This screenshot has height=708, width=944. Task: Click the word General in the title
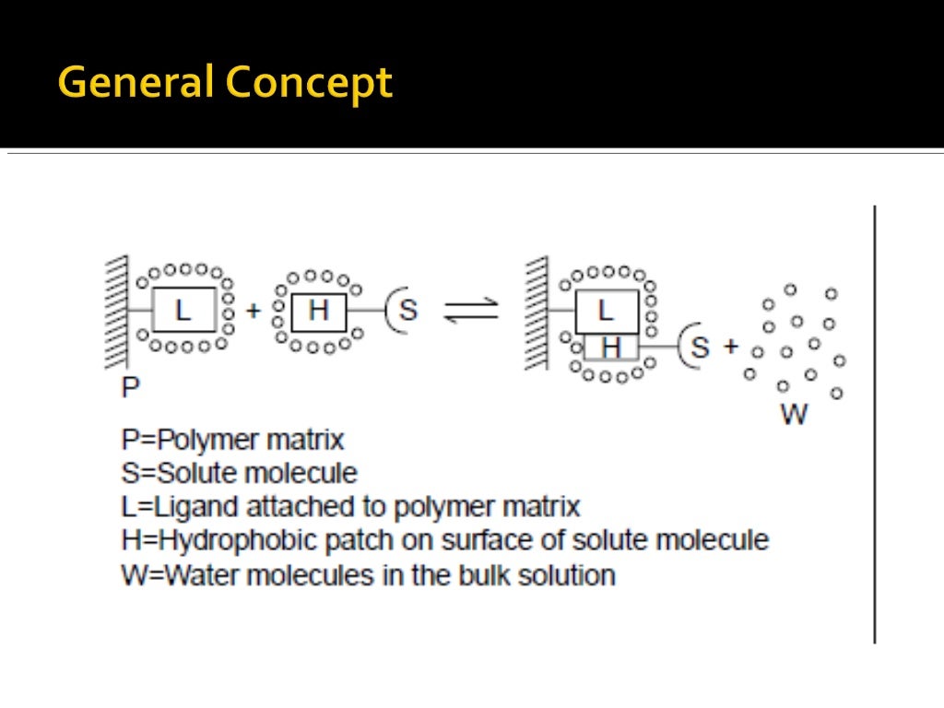point(135,83)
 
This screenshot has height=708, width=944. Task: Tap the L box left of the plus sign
point(183,310)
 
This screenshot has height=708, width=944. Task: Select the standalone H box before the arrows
point(318,311)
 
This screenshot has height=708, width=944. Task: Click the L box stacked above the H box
point(606,311)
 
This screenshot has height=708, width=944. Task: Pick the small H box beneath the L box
point(610,347)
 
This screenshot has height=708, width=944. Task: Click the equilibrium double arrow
point(470,310)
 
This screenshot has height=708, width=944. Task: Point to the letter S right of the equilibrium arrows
point(700,348)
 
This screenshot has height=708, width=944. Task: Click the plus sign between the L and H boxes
point(254,311)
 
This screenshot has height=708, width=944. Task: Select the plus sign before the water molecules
point(730,348)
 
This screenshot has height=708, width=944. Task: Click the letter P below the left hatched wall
point(131,386)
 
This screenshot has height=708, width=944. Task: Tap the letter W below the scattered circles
point(794,414)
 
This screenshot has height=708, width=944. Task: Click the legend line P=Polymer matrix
point(232,440)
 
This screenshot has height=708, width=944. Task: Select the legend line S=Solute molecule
point(239,474)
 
